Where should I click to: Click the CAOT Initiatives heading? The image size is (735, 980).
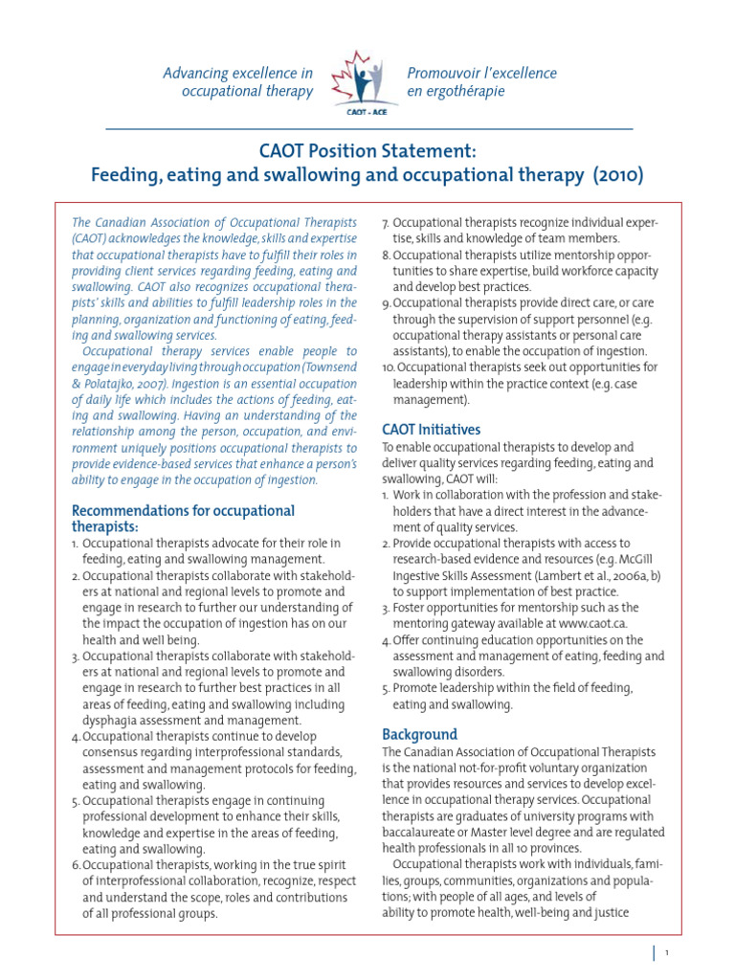431,430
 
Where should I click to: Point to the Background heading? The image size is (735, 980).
419,734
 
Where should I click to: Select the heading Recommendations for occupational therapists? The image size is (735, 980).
183,519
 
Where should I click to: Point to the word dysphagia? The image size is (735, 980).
110,720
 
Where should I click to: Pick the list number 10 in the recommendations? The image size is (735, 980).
388,367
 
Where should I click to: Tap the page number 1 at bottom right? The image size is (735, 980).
666,953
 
